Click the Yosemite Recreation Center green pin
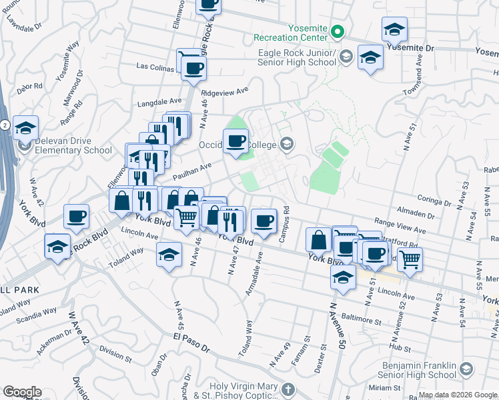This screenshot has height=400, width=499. pyautogui.click(x=338, y=31)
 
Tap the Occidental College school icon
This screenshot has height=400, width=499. pyautogui.click(x=287, y=143)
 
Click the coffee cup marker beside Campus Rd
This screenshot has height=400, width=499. pyautogui.click(x=263, y=219)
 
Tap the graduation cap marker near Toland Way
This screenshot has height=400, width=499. pyautogui.click(x=169, y=253)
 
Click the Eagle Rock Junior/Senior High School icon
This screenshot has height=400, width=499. pyautogui.click(x=346, y=57)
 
